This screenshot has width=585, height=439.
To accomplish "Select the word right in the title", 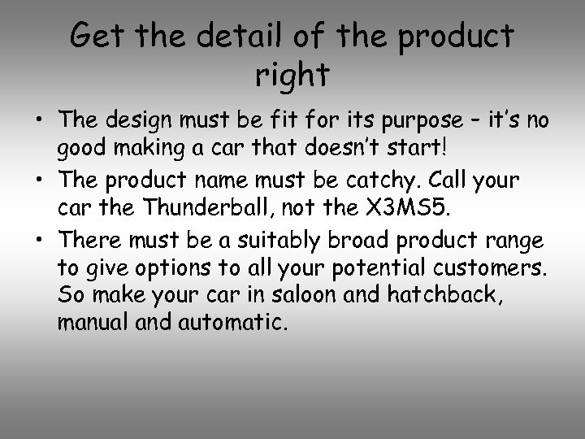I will coord(292,75).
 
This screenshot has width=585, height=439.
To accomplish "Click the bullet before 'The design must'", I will coord(39,122).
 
